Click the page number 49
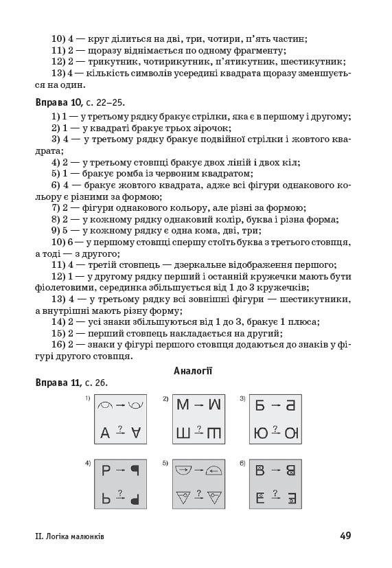344,536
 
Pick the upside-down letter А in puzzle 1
137,433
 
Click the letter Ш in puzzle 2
183,433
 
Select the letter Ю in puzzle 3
262,433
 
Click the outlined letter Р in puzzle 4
106,471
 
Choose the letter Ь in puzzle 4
106,498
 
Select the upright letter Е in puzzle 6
260,498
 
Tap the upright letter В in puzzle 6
260,471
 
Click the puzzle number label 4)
88,463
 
